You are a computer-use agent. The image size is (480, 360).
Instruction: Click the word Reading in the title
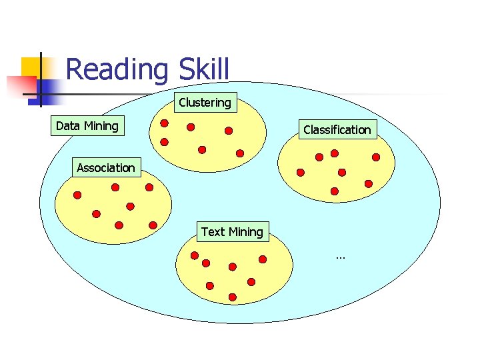pyautogui.click(x=117, y=69)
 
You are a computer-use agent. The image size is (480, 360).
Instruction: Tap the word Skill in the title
pyautogui.click(x=203, y=69)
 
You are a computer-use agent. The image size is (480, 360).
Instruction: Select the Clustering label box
pyautogui.click(x=205, y=103)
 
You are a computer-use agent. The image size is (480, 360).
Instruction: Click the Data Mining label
pyautogui.click(x=87, y=126)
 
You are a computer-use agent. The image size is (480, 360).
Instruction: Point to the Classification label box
pyautogui.click(x=337, y=129)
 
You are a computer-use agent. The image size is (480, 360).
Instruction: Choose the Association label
pyautogui.click(x=105, y=168)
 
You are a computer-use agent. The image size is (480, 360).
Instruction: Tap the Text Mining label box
pyautogui.click(x=232, y=232)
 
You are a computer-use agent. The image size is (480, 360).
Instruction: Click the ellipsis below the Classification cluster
pyautogui.click(x=341, y=257)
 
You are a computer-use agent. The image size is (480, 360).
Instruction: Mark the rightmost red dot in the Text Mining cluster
pyautogui.click(x=263, y=259)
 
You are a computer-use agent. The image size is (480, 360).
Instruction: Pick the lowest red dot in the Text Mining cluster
pyautogui.click(x=233, y=297)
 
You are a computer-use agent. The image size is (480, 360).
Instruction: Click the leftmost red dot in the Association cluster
pyautogui.click(x=77, y=195)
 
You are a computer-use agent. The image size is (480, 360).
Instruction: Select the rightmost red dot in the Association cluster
pyautogui.click(x=153, y=225)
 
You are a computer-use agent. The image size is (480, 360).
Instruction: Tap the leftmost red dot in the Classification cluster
pyautogui.click(x=301, y=172)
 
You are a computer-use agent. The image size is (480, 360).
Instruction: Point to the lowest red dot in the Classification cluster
pyautogui.click(x=335, y=191)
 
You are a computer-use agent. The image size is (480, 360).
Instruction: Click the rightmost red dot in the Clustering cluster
pyautogui.click(x=240, y=153)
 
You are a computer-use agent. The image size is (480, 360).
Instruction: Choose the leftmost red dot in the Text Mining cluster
pyautogui.click(x=195, y=255)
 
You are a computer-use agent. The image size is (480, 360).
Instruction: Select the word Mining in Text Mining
pyautogui.click(x=246, y=232)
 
